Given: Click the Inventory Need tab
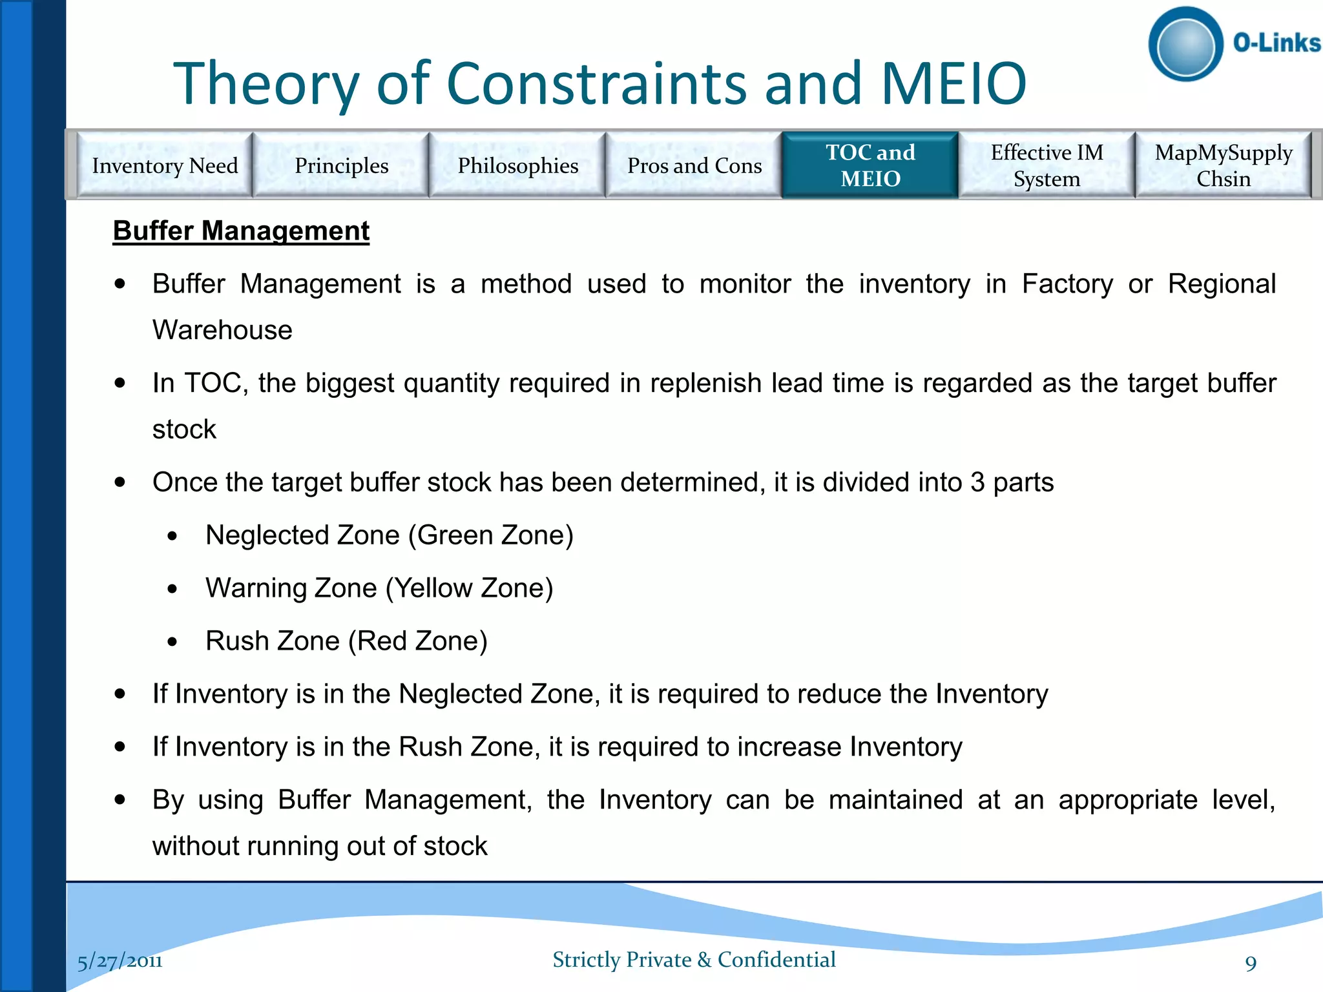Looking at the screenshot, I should point(165,165).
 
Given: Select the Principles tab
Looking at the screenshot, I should point(341,165).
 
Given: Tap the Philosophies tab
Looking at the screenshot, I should point(517,165).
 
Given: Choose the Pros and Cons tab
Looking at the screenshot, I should point(694,165).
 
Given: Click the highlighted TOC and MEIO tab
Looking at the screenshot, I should point(870,165).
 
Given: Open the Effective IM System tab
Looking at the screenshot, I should point(1047,165).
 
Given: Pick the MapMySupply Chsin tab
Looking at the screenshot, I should point(1223,165).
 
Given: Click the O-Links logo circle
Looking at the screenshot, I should point(1185,45).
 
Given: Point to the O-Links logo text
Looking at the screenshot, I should point(1276,43).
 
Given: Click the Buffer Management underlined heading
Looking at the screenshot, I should point(241,231).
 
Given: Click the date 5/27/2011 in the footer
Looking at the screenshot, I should point(120,962).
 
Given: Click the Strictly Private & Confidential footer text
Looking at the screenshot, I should point(694,960).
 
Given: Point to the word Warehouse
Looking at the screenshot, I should point(222,330).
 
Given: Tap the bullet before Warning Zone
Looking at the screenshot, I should point(172,589).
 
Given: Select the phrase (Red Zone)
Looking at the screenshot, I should point(417,641).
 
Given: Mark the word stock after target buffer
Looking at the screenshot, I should point(184,429).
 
